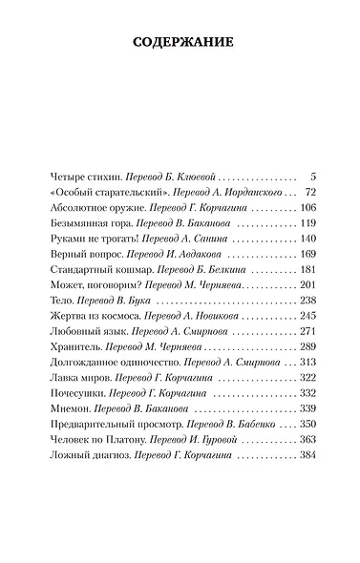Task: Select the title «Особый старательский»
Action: click(90, 194)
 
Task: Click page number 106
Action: click(307, 209)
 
